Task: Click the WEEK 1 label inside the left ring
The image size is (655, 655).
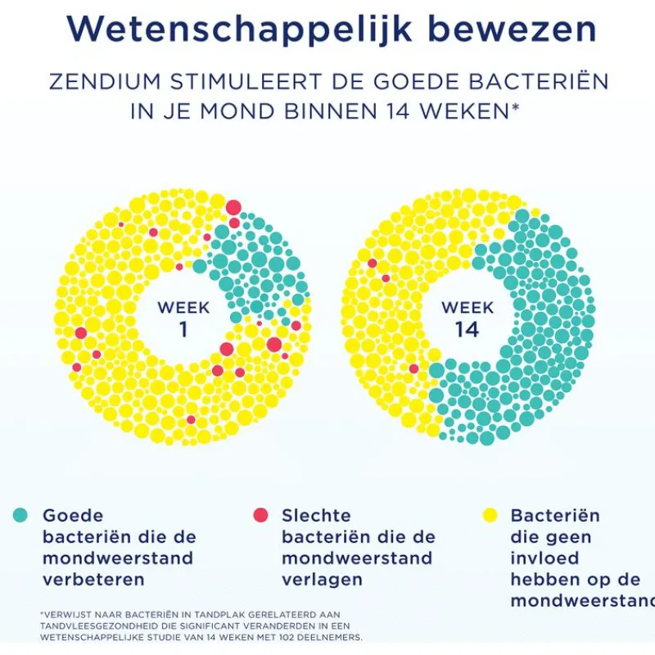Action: click(x=183, y=318)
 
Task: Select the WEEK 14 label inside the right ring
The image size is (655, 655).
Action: click(x=468, y=318)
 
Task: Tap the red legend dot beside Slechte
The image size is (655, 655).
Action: click(x=260, y=515)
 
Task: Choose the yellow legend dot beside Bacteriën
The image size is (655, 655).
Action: click(x=490, y=515)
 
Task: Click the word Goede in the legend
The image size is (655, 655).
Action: click(x=73, y=516)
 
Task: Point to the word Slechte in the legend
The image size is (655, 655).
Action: click(x=316, y=516)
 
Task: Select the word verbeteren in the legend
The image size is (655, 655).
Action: click(x=93, y=580)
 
